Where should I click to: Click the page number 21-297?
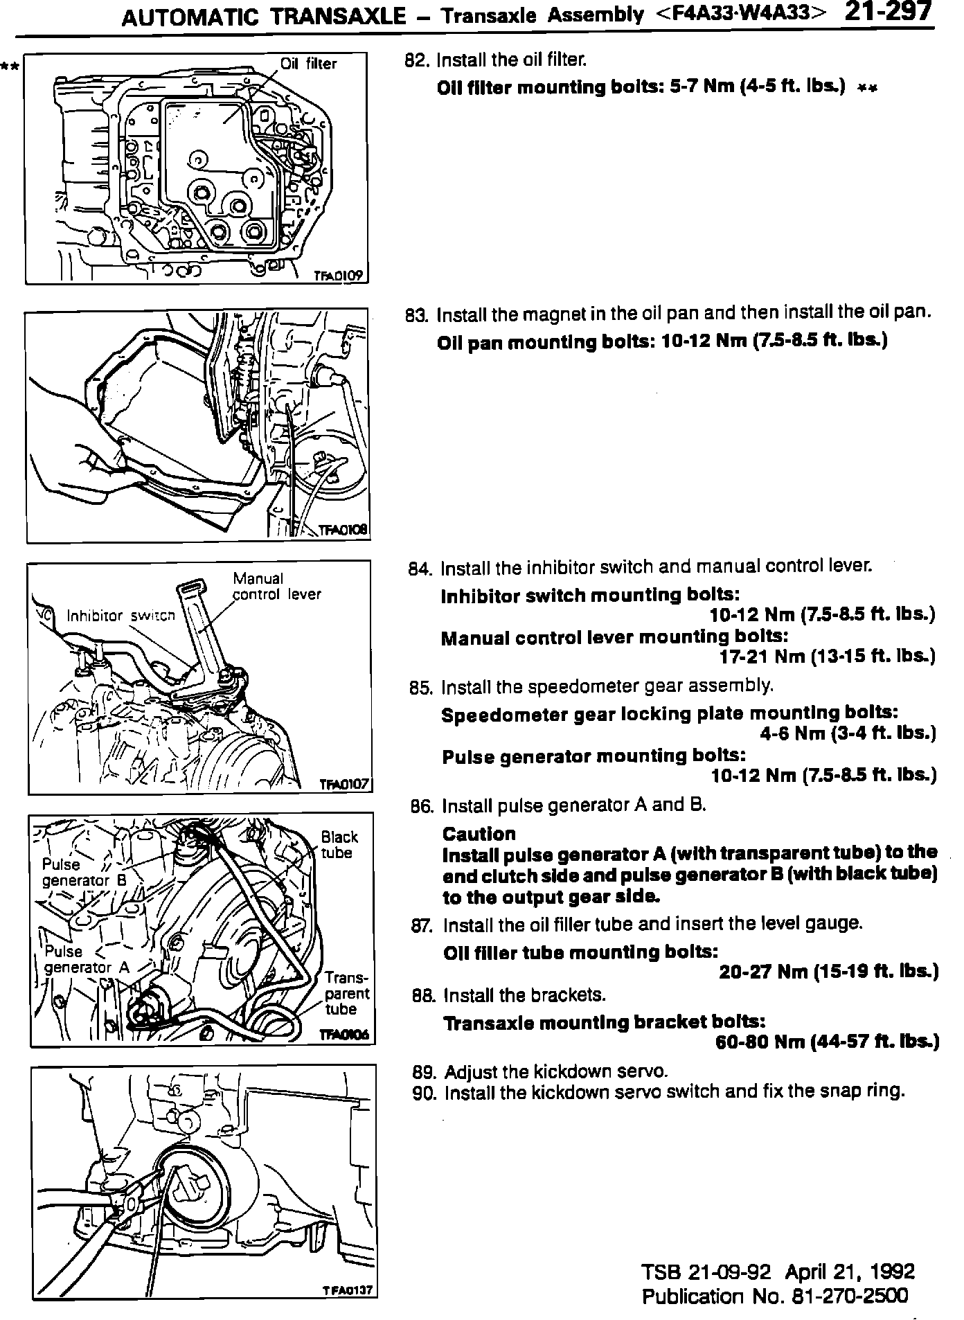(x=889, y=13)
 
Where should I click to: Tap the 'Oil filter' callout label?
(x=308, y=64)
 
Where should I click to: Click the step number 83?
(x=418, y=316)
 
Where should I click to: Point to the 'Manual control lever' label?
(x=276, y=586)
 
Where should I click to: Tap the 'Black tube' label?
(x=339, y=845)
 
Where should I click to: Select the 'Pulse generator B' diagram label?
(x=84, y=873)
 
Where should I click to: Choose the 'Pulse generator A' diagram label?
(x=86, y=959)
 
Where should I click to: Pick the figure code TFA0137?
(x=348, y=1290)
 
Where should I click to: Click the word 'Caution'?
(x=479, y=834)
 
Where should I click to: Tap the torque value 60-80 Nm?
(x=760, y=1042)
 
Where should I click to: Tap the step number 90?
(x=424, y=1093)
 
